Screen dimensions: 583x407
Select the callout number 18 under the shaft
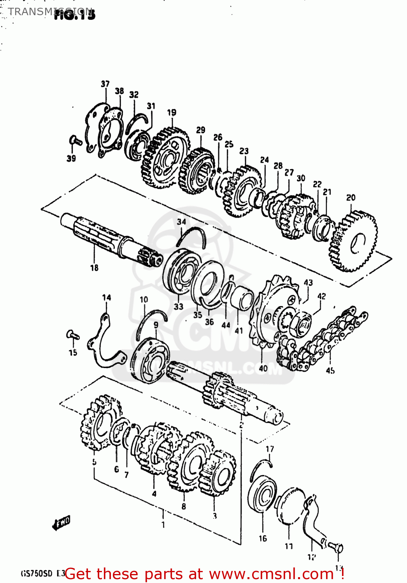point(94,268)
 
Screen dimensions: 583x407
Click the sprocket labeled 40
point(272,311)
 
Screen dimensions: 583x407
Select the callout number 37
point(105,84)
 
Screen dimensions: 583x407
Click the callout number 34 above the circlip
point(181,222)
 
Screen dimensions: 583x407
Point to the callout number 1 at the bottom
point(163,525)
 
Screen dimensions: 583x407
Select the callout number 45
point(330,371)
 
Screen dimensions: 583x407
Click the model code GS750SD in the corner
point(36,574)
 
